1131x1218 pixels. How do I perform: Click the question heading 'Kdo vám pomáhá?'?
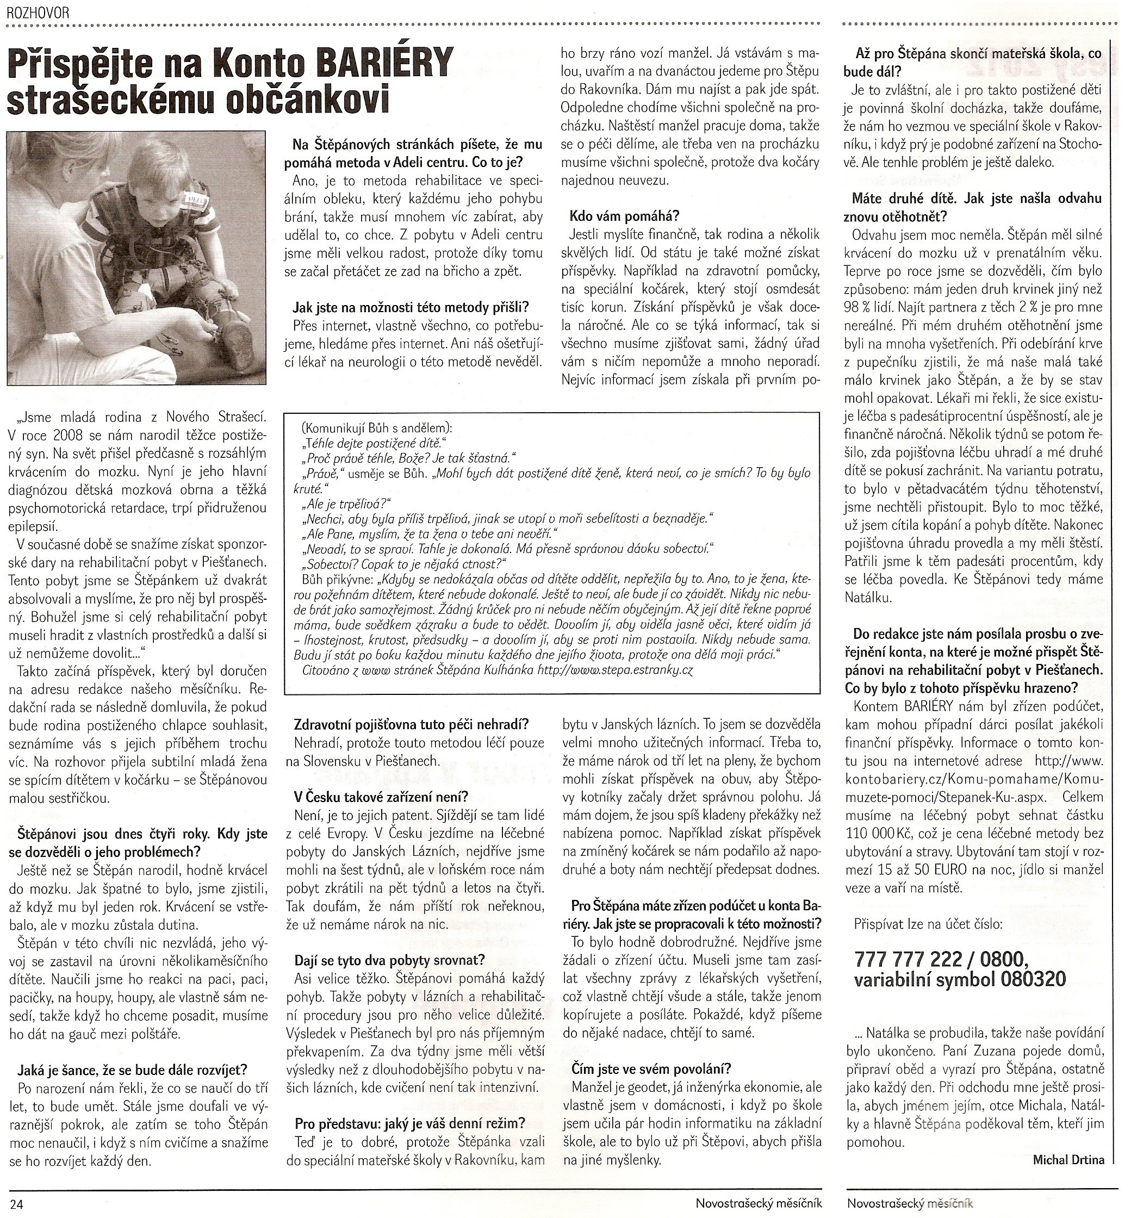point(624,216)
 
